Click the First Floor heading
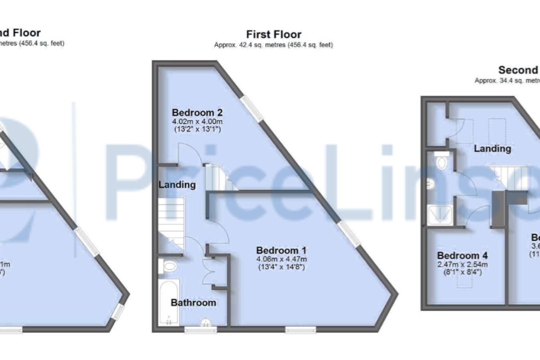point(274,34)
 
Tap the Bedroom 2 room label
point(197,112)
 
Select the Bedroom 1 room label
point(281,250)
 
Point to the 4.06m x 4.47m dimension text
point(281,259)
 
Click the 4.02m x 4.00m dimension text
point(197,121)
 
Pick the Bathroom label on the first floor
point(193,303)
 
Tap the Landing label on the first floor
point(177,185)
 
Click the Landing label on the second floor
point(492,149)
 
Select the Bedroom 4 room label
point(462,256)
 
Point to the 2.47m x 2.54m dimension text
point(462,264)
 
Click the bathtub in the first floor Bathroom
point(169,302)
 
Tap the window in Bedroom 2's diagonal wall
point(252,108)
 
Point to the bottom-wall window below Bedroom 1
point(301,330)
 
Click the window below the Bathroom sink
point(201,330)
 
